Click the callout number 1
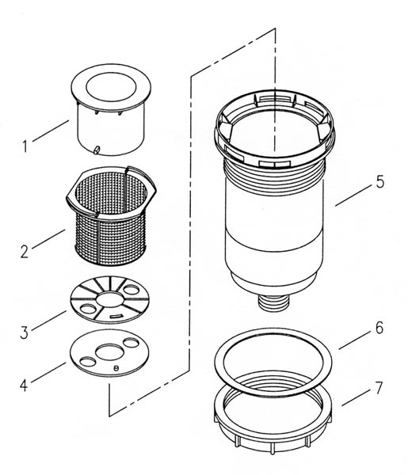(25, 146)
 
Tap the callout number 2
(25, 252)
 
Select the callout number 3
(25, 332)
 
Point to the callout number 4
(24, 386)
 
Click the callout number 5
(380, 181)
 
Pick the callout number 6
(379, 328)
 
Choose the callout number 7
(379, 387)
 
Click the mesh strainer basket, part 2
(111, 215)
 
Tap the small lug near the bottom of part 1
(97, 150)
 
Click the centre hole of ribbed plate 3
(110, 299)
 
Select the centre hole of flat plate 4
(109, 351)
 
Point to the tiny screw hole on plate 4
(116, 368)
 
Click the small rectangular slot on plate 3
(116, 316)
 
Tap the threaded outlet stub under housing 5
(274, 303)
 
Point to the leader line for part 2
(48, 239)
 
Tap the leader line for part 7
(356, 397)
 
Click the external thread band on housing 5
(273, 173)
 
